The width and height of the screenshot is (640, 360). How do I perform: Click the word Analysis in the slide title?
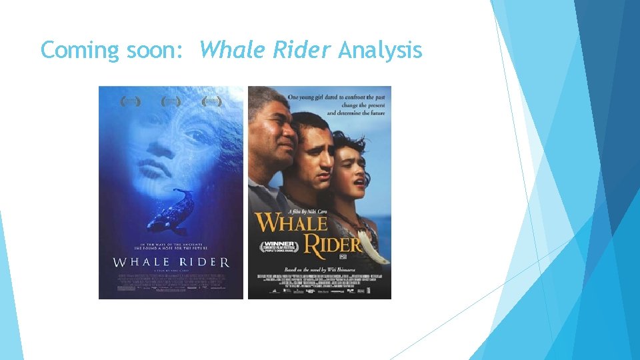380,50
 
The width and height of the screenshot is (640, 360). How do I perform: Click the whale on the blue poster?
173,211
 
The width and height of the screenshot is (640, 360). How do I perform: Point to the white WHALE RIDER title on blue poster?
171,263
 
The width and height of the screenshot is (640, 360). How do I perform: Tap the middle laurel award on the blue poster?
171,101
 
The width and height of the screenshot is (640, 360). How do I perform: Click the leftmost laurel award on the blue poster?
131,101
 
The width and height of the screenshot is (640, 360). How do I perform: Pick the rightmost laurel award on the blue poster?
212,101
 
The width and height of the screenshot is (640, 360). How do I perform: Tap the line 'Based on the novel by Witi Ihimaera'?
321,265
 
